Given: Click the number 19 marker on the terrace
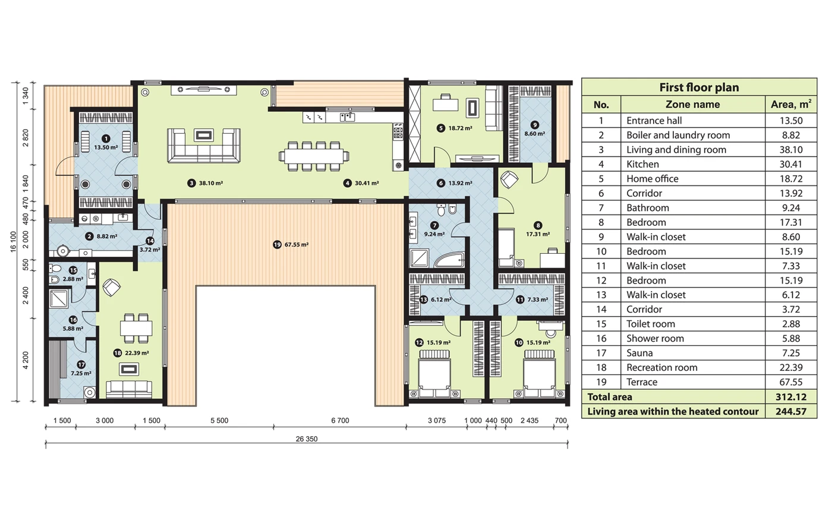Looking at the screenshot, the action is coord(277,244).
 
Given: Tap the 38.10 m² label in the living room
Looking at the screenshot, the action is coord(211,183).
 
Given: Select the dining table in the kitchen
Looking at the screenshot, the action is coord(314,156).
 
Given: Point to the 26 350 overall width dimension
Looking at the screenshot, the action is coord(307,439).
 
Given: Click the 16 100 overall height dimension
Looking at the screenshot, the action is coord(14,242).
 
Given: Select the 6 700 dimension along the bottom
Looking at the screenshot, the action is coord(340,421).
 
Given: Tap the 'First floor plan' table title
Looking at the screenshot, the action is coord(699,87).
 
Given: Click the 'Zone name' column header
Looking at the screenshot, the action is coord(693,105).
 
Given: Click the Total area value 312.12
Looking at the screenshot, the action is coord(791,397).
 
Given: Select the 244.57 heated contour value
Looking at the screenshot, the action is coord(791,411).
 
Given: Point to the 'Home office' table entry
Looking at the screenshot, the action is coord(653,179).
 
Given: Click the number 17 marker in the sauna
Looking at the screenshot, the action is coord(81,365).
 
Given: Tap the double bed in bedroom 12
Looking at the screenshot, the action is coord(434,374).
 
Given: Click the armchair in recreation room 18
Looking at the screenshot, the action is coord(112,287).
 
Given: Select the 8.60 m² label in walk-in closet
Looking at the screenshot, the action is coord(534,134).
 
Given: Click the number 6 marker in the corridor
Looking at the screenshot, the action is coord(440,183).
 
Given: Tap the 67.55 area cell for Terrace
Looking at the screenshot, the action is coord(791,382).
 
